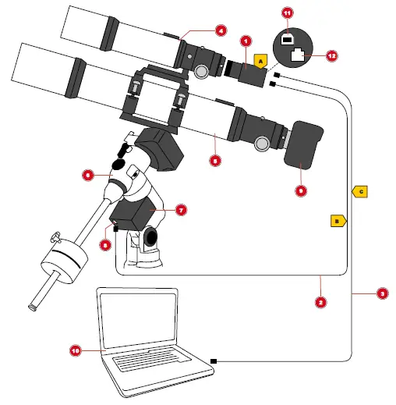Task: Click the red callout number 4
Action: (221, 31)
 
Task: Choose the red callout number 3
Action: (382, 293)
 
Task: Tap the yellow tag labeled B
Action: (338, 222)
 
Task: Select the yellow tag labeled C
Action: (360, 190)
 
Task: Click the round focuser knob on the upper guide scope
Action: (202, 72)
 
